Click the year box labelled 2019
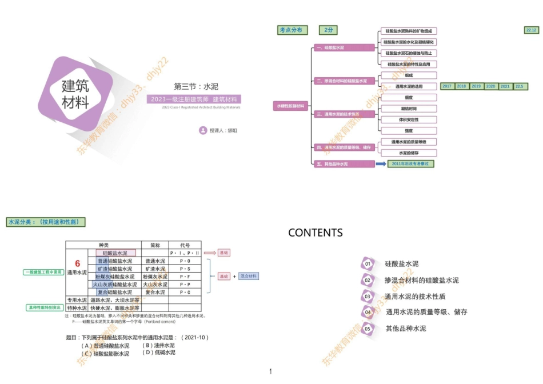(476, 86)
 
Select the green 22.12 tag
(531, 30)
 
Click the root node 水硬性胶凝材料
(292, 106)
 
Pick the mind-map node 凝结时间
(409, 109)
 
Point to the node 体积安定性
(409, 120)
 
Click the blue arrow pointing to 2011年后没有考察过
(381, 164)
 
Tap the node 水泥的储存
(409, 153)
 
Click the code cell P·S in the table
(185, 269)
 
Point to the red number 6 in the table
(78, 263)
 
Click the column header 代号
(185, 245)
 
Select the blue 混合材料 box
(249, 276)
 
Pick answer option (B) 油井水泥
(158, 346)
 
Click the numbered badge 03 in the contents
(368, 297)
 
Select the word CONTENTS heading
(316, 233)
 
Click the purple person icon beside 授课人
(203, 131)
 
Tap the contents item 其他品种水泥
(406, 329)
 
